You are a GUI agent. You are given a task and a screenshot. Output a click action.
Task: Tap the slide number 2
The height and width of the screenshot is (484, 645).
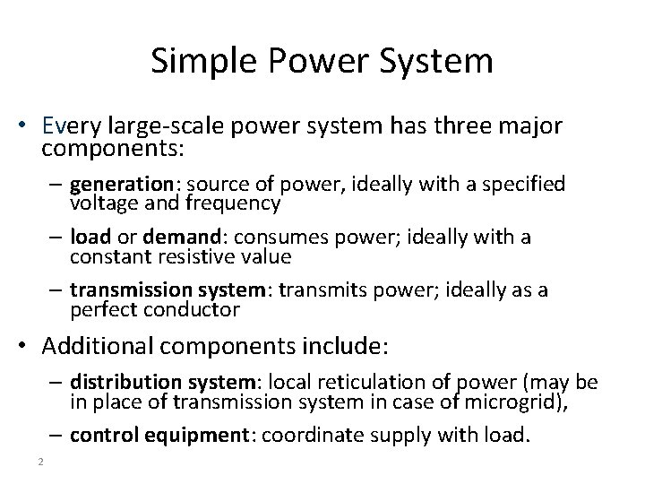point(41,461)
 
